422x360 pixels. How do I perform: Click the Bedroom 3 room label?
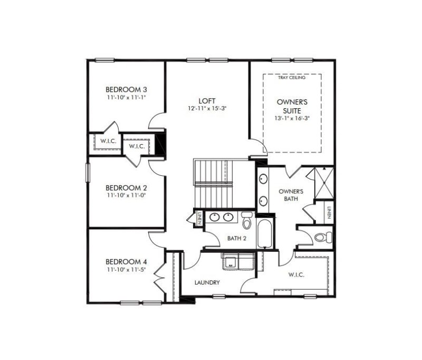(126, 89)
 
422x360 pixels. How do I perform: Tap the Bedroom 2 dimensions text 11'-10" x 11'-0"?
(126, 195)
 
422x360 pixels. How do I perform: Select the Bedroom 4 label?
(126, 262)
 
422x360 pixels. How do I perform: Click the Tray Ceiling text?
(292, 78)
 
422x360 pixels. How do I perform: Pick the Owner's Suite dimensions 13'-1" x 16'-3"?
(292, 119)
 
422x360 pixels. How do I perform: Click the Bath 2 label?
(237, 239)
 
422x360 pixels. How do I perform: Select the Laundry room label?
(207, 283)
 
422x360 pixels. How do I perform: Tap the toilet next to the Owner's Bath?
(321, 238)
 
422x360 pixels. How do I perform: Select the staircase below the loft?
(214, 184)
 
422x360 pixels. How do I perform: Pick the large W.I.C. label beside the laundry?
(296, 275)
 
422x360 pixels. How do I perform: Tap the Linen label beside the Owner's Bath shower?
(329, 212)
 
